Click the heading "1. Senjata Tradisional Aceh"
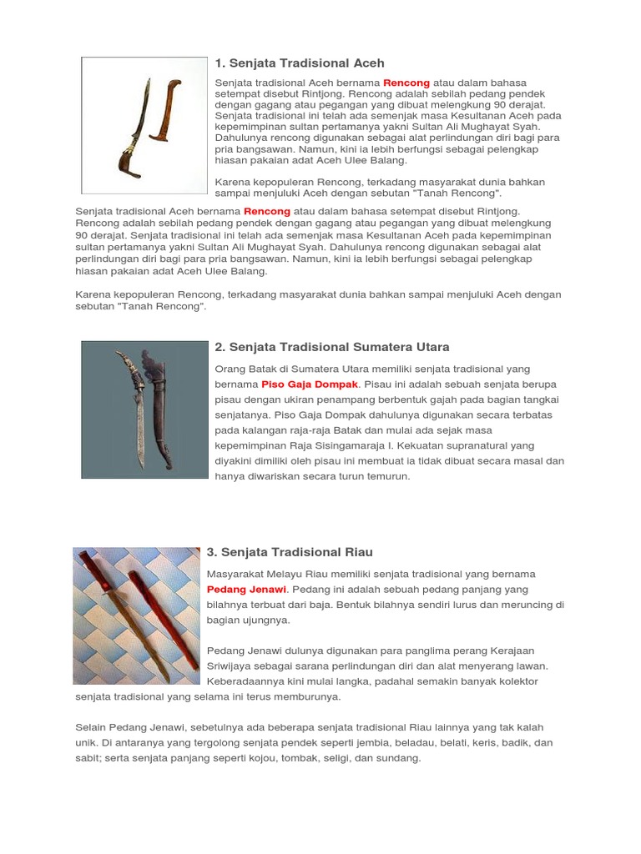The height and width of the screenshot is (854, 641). coord(299,63)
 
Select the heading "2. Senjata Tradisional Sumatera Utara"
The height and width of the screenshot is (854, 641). coord(331,347)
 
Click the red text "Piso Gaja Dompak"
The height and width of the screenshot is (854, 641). coord(310,384)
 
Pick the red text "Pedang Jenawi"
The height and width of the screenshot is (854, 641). coord(246,590)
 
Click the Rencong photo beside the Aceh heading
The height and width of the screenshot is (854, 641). coord(144,125)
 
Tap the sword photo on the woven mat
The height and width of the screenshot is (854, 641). coord(136,615)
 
